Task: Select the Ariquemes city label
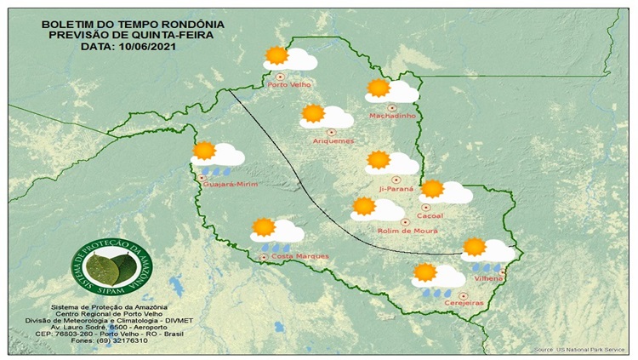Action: [333, 140]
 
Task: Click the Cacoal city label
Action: [431, 216]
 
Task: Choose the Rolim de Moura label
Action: [400, 230]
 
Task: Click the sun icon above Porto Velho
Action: [276, 56]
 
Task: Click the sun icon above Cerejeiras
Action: [424, 273]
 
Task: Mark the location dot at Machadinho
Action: [392, 107]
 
